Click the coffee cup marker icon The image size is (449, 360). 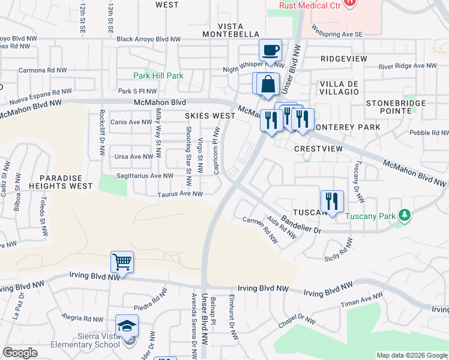coord(270,50)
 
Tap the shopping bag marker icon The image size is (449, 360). coord(268,84)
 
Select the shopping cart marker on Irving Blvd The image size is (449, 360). coord(122,262)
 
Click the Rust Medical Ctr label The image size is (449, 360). coord(310,5)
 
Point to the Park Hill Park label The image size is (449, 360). coord(158,76)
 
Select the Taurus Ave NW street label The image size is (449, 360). coord(180,194)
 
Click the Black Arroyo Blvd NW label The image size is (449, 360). coord(149,39)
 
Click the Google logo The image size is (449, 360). coord(20,353)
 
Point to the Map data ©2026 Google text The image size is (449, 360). coord(411,355)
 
